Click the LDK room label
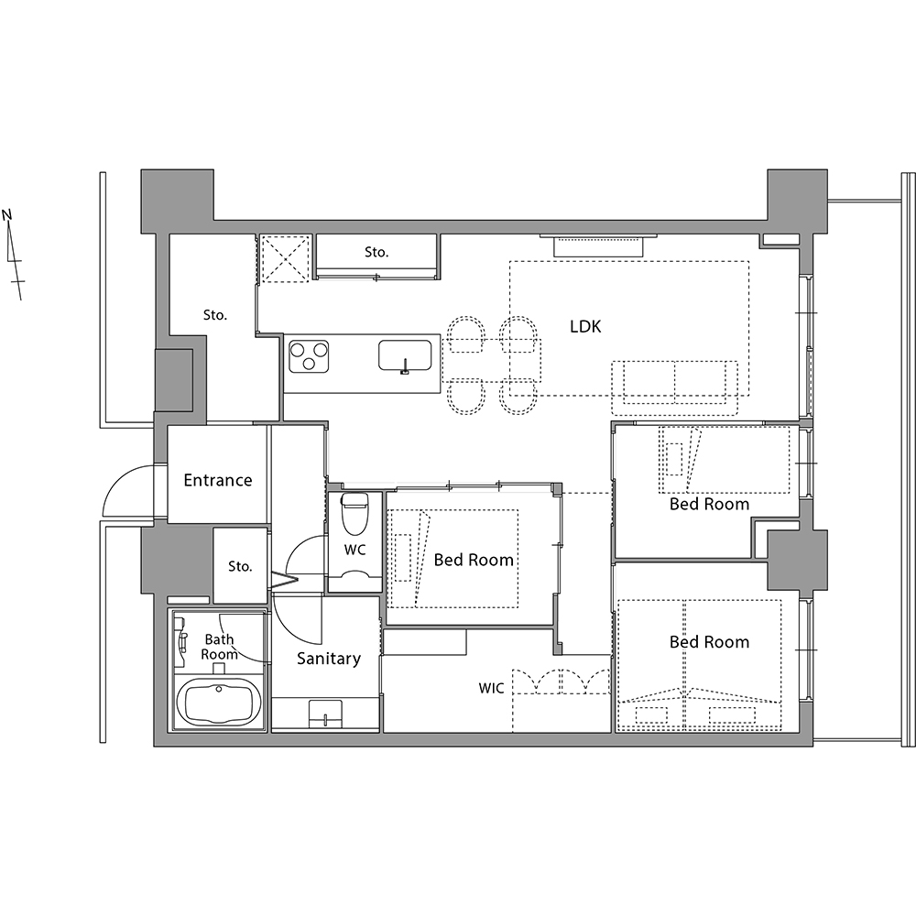point(585,326)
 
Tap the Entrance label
point(218,480)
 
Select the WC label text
point(354,550)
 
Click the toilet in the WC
point(355,514)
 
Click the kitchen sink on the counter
point(405,355)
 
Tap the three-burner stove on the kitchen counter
point(309,357)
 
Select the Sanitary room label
point(328,659)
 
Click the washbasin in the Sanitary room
point(325,714)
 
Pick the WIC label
point(491,688)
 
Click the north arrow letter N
point(7,214)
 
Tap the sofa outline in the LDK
point(675,387)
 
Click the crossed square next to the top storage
point(284,259)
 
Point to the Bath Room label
point(219,647)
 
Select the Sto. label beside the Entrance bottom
point(240,566)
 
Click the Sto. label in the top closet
point(376,252)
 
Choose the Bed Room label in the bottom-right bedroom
point(709,642)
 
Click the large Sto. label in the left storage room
point(215,315)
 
